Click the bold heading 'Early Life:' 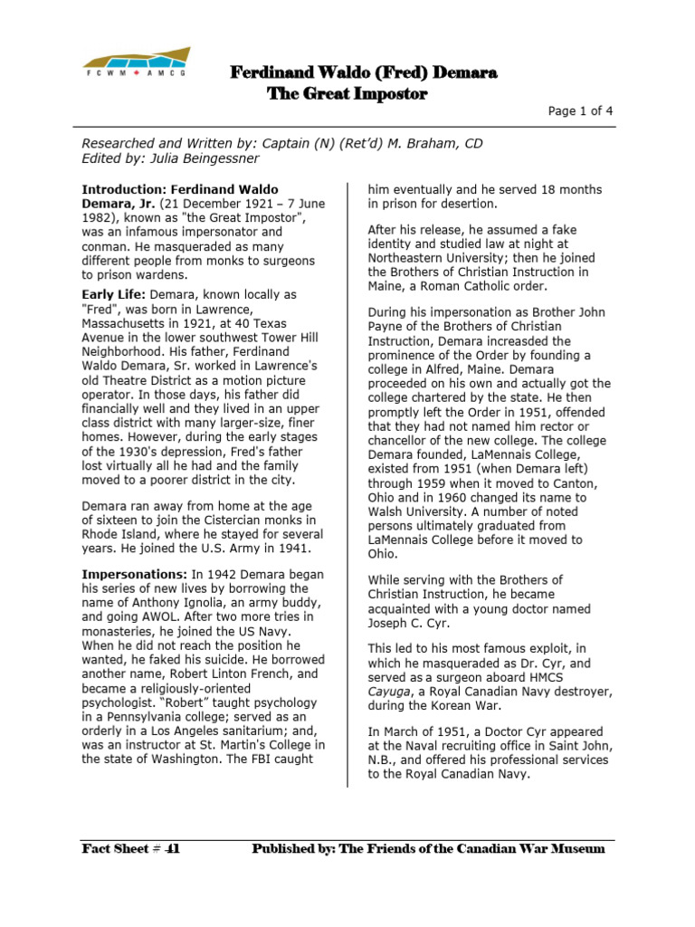coord(114,295)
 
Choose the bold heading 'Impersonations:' coord(133,574)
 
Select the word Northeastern coord(408,258)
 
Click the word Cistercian coord(204,519)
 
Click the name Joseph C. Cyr coord(408,622)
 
